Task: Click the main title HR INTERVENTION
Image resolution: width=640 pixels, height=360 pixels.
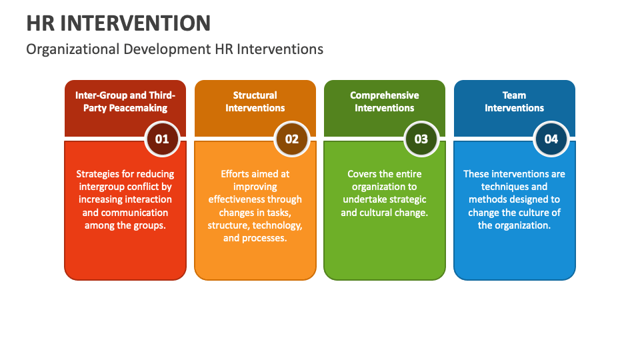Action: point(119,23)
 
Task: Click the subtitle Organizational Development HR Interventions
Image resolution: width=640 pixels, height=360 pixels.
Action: point(175,49)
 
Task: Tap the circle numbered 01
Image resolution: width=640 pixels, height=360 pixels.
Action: point(162,139)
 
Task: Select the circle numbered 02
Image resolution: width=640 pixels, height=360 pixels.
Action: point(292,139)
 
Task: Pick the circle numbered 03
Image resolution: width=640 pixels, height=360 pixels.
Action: point(421,139)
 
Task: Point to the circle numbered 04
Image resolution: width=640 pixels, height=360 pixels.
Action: point(551,139)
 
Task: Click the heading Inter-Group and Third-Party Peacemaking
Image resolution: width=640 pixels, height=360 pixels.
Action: point(125,101)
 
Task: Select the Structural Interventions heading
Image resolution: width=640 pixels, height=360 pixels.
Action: point(255,101)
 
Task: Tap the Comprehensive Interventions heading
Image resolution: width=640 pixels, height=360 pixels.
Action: point(385,101)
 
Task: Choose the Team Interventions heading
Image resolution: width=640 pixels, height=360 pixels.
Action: point(514,101)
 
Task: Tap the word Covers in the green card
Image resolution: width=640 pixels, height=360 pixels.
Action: point(362,174)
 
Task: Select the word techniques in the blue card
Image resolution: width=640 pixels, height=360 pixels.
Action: point(505,187)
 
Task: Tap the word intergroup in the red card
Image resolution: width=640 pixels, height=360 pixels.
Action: point(101,187)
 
